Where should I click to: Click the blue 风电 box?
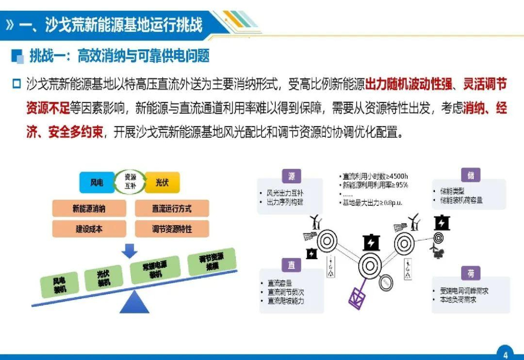point(97,182)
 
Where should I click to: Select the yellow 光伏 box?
point(162,182)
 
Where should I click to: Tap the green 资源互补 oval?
point(130,182)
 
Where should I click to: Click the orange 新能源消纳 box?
point(89,208)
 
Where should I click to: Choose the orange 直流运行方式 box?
point(172,208)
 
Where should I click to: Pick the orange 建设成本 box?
point(89,229)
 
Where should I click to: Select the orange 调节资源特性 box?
point(172,229)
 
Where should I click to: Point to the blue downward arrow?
point(130,250)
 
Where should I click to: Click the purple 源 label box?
point(292,177)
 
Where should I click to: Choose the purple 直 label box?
point(292,265)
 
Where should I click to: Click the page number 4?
point(505,354)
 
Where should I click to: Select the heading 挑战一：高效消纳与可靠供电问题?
point(119,56)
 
